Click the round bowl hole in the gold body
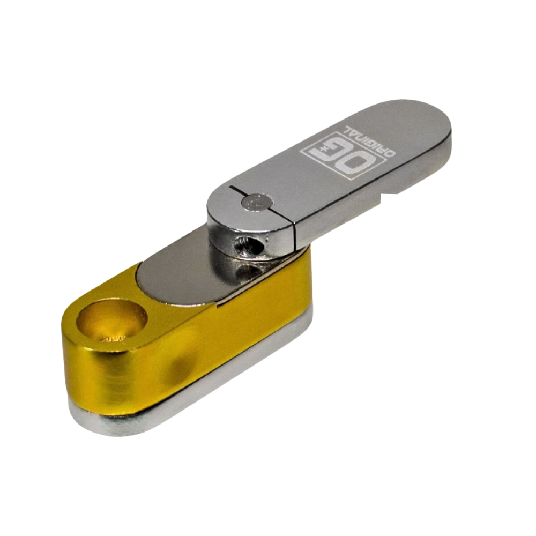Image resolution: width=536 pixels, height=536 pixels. pos(111,321)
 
